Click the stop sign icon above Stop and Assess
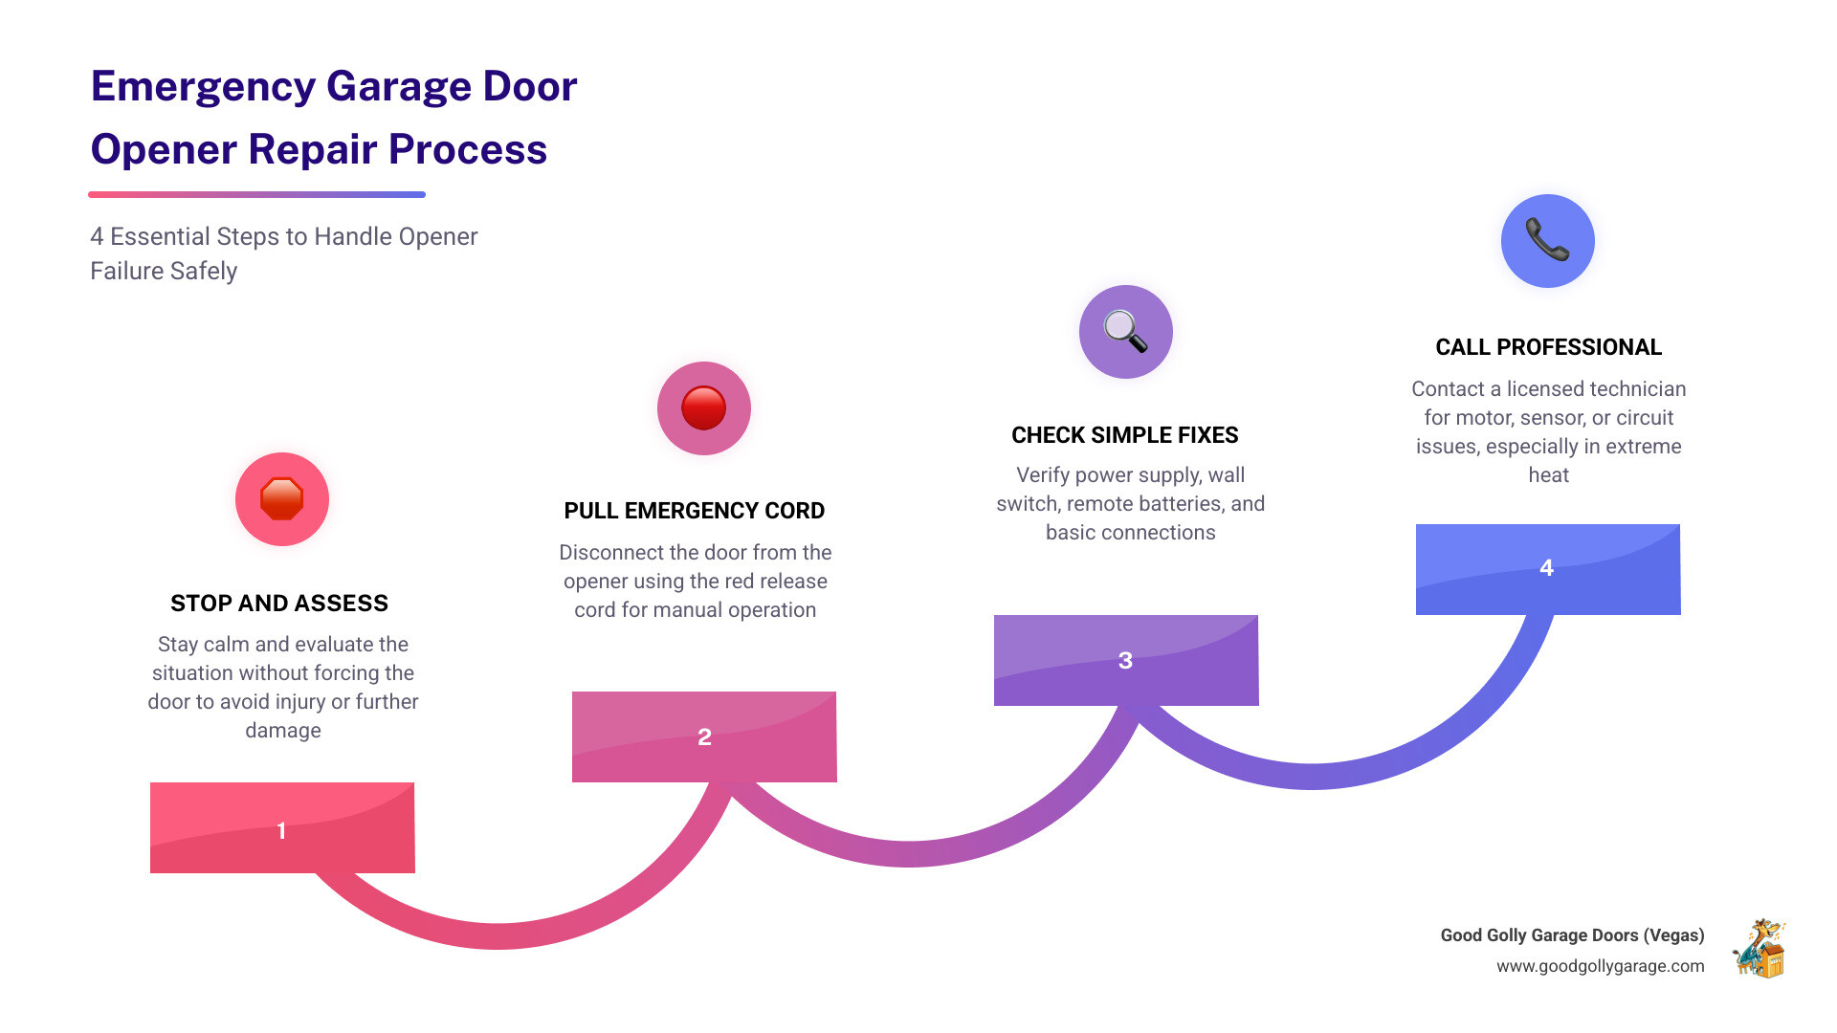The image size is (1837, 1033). tap(281, 499)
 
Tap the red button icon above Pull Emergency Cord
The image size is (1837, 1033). tap(703, 408)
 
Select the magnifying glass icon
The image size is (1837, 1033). tap(1125, 332)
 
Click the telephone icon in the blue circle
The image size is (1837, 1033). tap(1547, 240)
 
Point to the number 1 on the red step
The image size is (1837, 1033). tap(281, 830)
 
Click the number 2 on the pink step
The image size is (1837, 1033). tap(704, 737)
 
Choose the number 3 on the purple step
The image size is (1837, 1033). tap(1125, 661)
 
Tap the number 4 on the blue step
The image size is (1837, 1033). tap(1546, 568)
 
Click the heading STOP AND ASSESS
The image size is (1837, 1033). tap(279, 604)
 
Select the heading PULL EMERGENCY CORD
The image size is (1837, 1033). tap(694, 511)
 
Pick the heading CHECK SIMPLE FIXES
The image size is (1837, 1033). tap(1124, 435)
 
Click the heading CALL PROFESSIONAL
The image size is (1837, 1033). tap(1548, 347)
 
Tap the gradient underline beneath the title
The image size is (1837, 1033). tap(256, 195)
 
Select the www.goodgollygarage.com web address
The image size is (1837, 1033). tap(1600, 966)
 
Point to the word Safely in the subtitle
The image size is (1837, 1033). tap(204, 272)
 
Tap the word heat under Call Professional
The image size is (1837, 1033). tap(1548, 475)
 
